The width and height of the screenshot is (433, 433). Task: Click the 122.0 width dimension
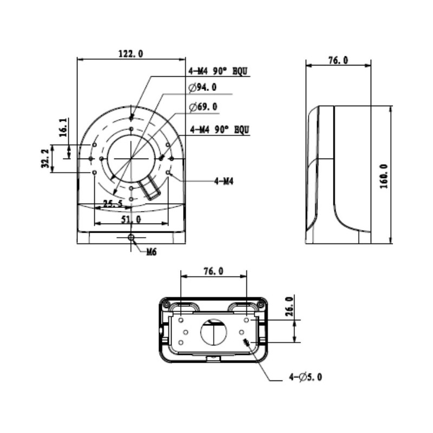130,53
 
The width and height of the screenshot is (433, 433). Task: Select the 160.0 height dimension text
383,174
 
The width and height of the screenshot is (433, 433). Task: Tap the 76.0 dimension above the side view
338,60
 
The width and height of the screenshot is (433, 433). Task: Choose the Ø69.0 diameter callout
203,107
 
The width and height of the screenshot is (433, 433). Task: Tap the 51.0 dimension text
130,219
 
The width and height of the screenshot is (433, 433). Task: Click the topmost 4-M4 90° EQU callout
218,71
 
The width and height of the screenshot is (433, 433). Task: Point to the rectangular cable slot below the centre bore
149,189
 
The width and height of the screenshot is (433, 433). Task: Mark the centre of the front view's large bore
131,158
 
